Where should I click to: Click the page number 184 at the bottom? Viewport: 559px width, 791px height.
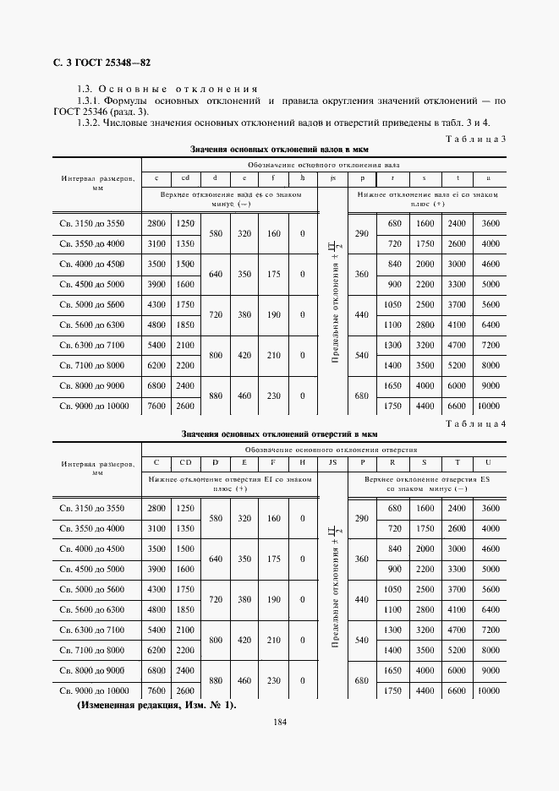pyautogui.click(x=280, y=721)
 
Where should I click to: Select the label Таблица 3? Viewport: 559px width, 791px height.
pyautogui.click(x=475, y=139)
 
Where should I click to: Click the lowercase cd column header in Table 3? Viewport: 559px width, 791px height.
pyautogui.click(x=184, y=177)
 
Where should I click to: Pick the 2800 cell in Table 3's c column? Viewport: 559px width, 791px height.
pyautogui.click(x=156, y=223)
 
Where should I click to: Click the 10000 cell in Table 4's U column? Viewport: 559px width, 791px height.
pyautogui.click(x=488, y=690)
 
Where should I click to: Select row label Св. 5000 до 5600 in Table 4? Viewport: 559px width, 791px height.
pyautogui.click(x=92, y=589)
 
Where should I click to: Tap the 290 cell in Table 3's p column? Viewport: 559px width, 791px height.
pyautogui.click(x=362, y=233)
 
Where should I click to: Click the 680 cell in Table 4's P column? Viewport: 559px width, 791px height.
pyautogui.click(x=362, y=680)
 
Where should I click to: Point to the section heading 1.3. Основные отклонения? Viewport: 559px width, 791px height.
pyautogui.click(x=167, y=89)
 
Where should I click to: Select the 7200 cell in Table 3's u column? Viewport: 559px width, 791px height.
pyautogui.click(x=488, y=345)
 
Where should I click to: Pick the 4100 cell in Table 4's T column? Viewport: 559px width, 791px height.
pyautogui.click(x=457, y=609)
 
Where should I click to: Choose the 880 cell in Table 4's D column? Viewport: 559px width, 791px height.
pyautogui.click(x=215, y=680)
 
